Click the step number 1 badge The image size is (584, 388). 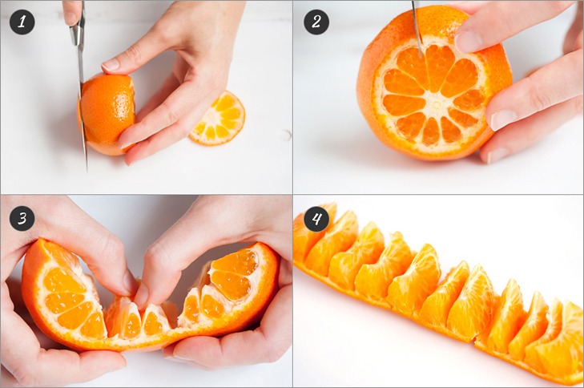pyautogui.click(x=22, y=22)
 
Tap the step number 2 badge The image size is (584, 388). pyautogui.click(x=316, y=22)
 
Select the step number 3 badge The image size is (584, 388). pyautogui.click(x=22, y=218)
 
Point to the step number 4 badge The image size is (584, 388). pyautogui.click(x=316, y=218)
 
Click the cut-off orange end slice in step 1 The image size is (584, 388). pyautogui.click(x=218, y=119)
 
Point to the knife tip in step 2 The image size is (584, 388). pyautogui.click(x=421, y=57)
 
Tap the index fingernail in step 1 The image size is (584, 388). pyautogui.click(x=111, y=65)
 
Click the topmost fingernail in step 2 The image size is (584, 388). pyautogui.click(x=468, y=42)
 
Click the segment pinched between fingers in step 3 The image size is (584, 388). pyautogui.click(x=153, y=320)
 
